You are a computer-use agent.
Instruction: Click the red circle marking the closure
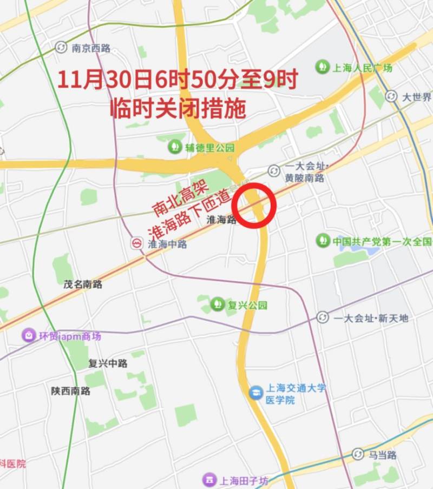coord(254,206)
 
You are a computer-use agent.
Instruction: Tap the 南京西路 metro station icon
coord(61,48)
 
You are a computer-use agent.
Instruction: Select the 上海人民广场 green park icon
coord(323,67)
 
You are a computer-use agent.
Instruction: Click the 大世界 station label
coord(416,97)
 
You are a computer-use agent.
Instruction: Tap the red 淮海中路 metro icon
coord(137,244)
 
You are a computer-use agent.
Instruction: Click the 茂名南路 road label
coord(82,284)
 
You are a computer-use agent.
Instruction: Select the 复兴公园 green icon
coord(218,305)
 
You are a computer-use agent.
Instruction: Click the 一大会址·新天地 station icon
coord(323,318)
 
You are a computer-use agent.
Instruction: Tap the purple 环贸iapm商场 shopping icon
coord(28,336)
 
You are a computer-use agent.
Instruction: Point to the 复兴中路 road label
coord(108,363)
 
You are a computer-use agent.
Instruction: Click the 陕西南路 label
coord(71,391)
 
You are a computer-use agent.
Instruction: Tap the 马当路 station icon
coord(357,454)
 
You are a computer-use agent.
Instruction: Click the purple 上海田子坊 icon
coord(208,480)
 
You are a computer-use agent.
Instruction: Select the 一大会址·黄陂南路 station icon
coord(274,171)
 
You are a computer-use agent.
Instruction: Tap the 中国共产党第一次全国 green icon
coord(323,241)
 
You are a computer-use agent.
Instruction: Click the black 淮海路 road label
coord(222,220)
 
